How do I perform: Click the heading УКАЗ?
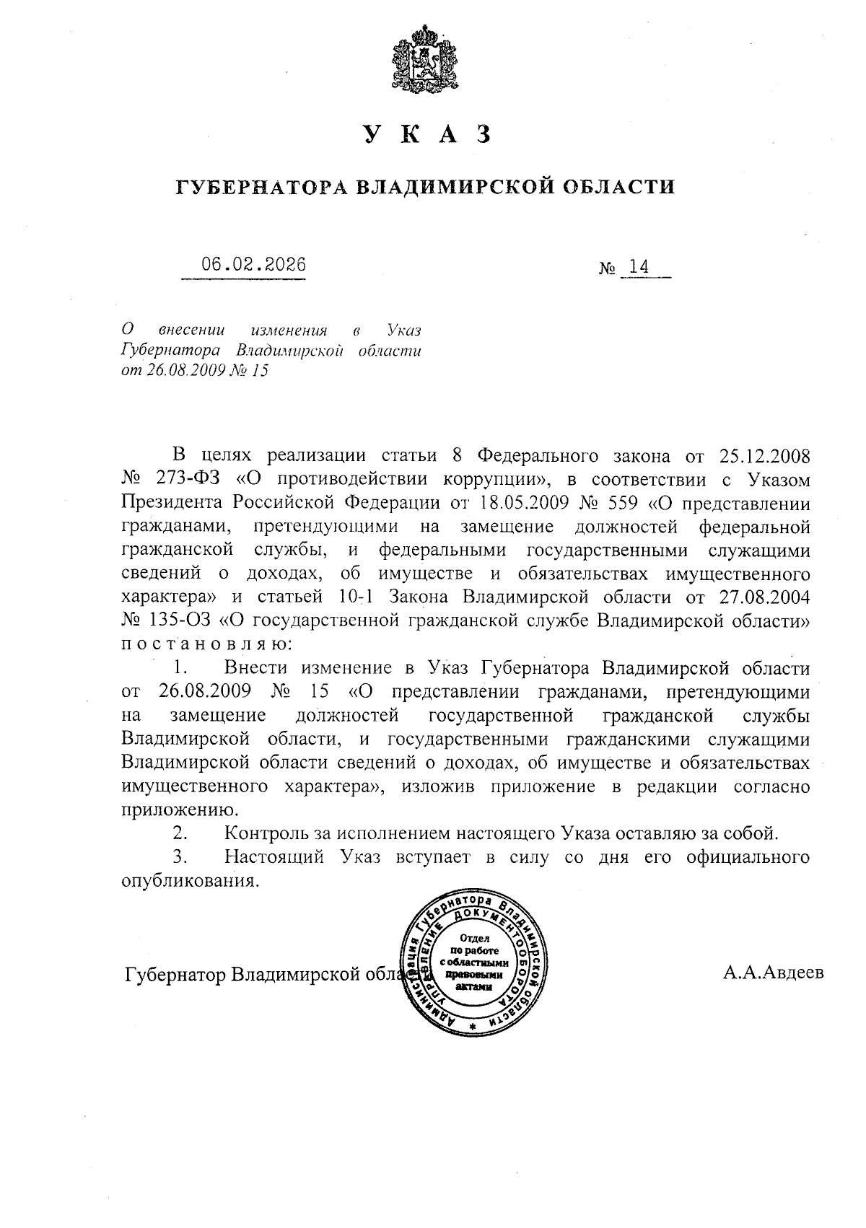[x=427, y=134]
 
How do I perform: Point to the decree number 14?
[x=638, y=268]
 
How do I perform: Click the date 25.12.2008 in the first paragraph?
[x=765, y=456]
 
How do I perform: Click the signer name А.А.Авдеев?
[x=773, y=974]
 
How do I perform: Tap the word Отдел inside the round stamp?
[x=474, y=939]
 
